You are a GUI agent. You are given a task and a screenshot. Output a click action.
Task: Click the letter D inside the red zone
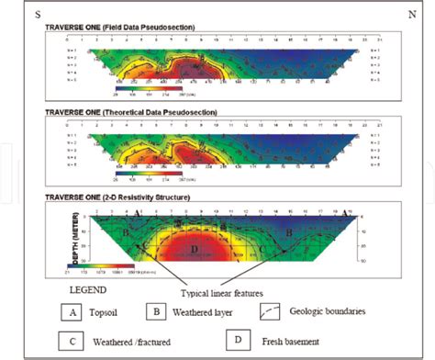[x=194, y=250]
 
